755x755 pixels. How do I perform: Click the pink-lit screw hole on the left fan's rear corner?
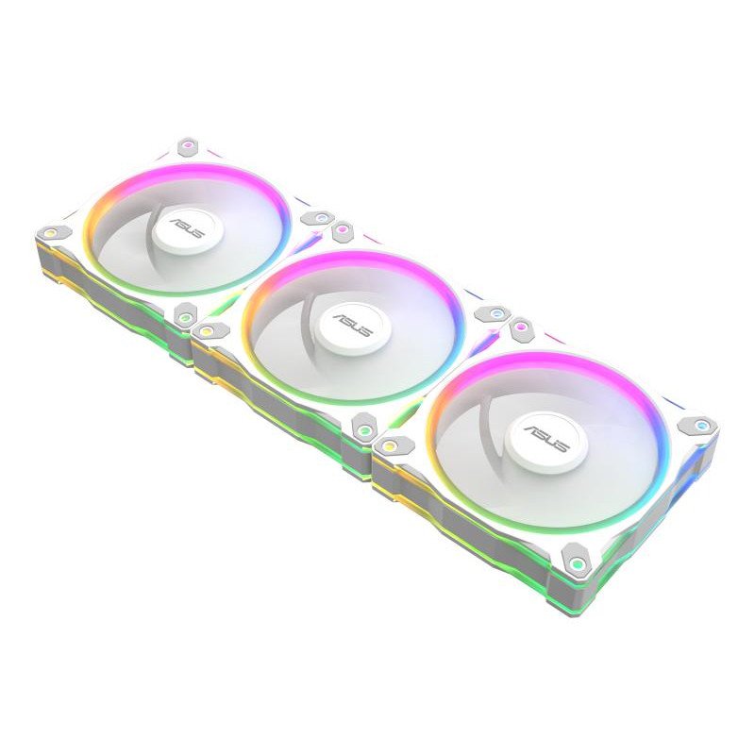pos(190,145)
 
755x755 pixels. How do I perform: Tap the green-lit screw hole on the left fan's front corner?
pos(185,318)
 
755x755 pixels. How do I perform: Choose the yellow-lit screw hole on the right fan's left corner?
pos(388,443)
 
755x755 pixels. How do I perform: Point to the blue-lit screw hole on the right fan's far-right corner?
pos(699,425)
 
